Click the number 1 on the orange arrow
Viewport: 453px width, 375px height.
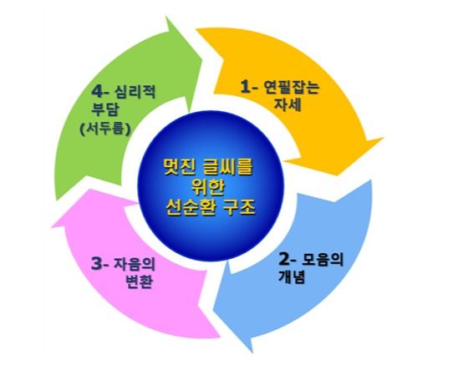(245, 87)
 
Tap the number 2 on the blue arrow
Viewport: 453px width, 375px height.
(283, 259)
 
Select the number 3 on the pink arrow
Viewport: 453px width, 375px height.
(96, 264)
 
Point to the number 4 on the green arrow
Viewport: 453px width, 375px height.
(97, 91)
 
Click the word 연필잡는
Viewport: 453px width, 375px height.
(291, 87)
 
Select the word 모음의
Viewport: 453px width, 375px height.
(323, 260)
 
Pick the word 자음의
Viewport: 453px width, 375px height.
(135, 264)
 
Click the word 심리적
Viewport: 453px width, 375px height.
(135, 91)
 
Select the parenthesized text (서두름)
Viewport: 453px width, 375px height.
(105, 128)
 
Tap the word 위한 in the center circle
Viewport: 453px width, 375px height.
(211, 188)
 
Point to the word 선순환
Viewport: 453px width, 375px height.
(191, 208)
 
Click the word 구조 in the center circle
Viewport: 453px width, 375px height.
(242, 208)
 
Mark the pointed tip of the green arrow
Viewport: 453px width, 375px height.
(167, 18)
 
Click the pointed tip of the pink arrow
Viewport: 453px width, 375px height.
(53, 227)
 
